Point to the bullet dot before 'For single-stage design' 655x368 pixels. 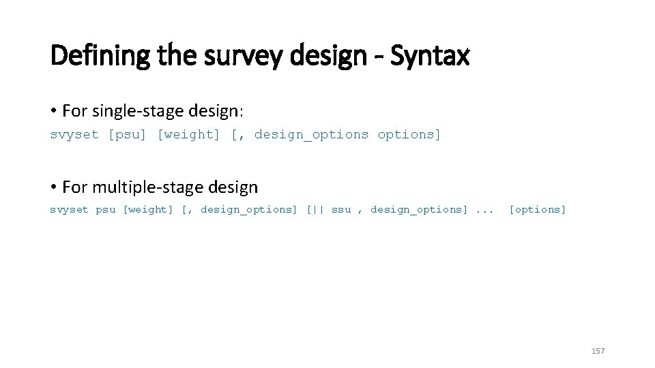(53, 110)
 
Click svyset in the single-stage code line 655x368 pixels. (74, 135)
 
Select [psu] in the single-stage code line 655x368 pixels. (128, 135)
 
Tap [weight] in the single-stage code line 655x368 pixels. (189, 135)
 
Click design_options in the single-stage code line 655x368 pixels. (311, 135)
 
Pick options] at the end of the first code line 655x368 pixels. (409, 135)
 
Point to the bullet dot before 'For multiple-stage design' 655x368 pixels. (53, 187)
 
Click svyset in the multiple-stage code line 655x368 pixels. (69, 210)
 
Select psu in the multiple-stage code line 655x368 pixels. (105, 210)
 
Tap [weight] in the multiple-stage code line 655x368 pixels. (147, 210)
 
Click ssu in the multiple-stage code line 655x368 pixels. (341, 210)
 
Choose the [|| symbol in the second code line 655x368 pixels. (315, 210)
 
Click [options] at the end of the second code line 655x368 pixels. (538, 210)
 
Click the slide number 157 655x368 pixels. (598, 351)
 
